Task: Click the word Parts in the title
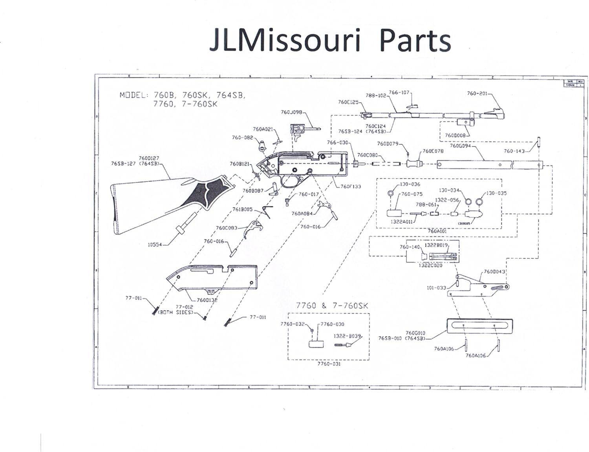pyautogui.click(x=415, y=40)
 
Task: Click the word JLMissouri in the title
pyautogui.click(x=285, y=40)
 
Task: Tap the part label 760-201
pyautogui.click(x=477, y=93)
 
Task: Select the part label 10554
pyautogui.click(x=155, y=245)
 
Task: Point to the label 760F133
pyautogui.click(x=351, y=187)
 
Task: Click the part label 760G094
pyautogui.click(x=460, y=146)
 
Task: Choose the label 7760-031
pyautogui.click(x=329, y=364)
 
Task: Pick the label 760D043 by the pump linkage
pyautogui.click(x=494, y=272)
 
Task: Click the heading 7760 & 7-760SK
pyautogui.click(x=332, y=306)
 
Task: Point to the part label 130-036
pyautogui.click(x=410, y=184)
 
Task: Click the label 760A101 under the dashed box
pyautogui.click(x=437, y=231)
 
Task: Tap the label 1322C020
pyautogui.click(x=430, y=265)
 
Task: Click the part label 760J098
pyautogui.click(x=291, y=112)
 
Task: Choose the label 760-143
pyautogui.click(x=514, y=151)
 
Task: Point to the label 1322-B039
pyautogui.click(x=347, y=336)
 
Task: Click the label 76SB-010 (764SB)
pyautogui.click(x=402, y=338)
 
